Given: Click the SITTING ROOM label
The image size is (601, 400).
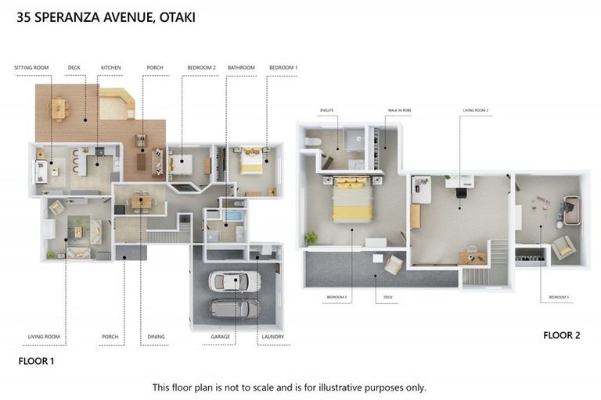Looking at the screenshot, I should [x=31, y=68].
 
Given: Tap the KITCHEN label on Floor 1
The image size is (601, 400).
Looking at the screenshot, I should [x=111, y=68].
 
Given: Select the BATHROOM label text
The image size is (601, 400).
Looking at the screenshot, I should [x=241, y=68].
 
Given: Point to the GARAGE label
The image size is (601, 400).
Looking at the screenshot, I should [x=221, y=337].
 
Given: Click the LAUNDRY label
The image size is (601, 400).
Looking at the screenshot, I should [x=272, y=337].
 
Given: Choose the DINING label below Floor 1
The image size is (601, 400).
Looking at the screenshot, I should [x=157, y=337].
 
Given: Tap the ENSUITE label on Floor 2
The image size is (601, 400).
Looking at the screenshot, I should [x=327, y=111].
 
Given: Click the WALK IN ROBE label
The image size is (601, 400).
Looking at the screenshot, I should [x=399, y=111].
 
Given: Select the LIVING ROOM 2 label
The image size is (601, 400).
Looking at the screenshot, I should [x=475, y=111].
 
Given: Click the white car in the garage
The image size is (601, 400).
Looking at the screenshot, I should [x=236, y=281].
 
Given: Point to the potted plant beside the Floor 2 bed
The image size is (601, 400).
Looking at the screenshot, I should [x=311, y=237].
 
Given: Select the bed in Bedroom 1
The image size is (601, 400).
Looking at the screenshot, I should [x=251, y=160].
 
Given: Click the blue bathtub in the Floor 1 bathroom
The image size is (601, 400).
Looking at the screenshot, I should [x=235, y=212].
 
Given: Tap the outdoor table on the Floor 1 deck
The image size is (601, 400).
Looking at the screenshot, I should [x=59, y=109].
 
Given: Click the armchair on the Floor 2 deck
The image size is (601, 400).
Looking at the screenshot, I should [x=393, y=265].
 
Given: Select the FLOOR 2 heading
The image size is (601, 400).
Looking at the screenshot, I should [x=562, y=335].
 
